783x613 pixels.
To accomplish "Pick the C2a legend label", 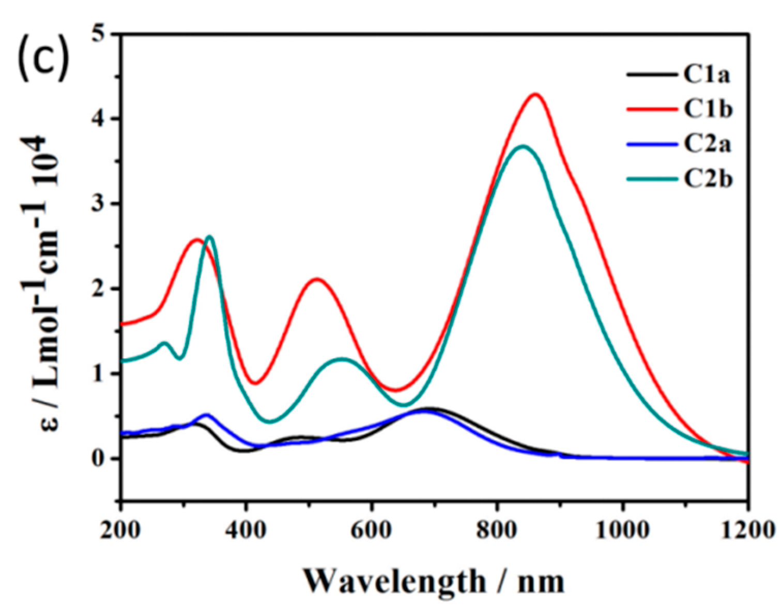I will point(708,144).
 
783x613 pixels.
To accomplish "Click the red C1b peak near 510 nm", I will point(317,279).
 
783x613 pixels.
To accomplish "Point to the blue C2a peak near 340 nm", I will point(207,415).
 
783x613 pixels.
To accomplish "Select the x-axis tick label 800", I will point(496,530).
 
